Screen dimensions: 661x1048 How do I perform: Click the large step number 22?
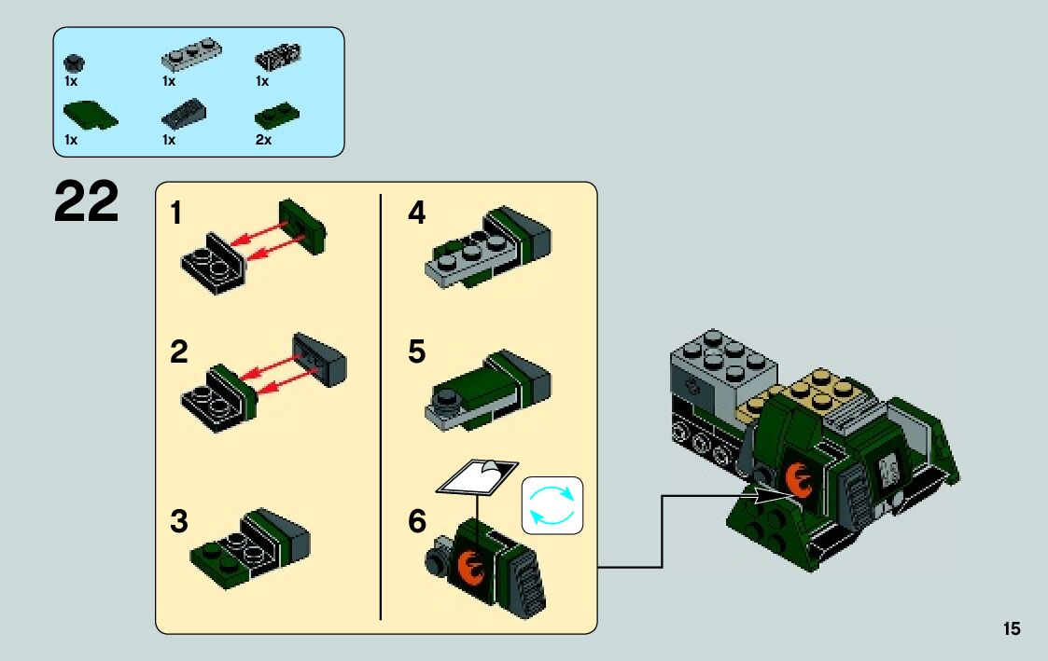[87, 202]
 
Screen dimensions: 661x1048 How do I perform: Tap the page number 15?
[1012, 629]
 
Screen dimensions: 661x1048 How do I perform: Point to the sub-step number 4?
[416, 214]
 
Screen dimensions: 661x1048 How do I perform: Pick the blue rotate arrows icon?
[552, 505]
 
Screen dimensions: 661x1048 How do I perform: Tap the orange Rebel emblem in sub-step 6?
[474, 562]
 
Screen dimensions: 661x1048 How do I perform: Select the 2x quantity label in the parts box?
[263, 140]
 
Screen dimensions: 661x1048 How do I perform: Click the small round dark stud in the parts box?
[73, 63]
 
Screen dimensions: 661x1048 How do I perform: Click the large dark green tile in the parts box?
[90, 116]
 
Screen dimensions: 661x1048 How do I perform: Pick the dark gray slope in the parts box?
[184, 115]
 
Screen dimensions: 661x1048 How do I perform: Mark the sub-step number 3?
[179, 522]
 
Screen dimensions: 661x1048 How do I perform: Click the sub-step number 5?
[416, 353]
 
